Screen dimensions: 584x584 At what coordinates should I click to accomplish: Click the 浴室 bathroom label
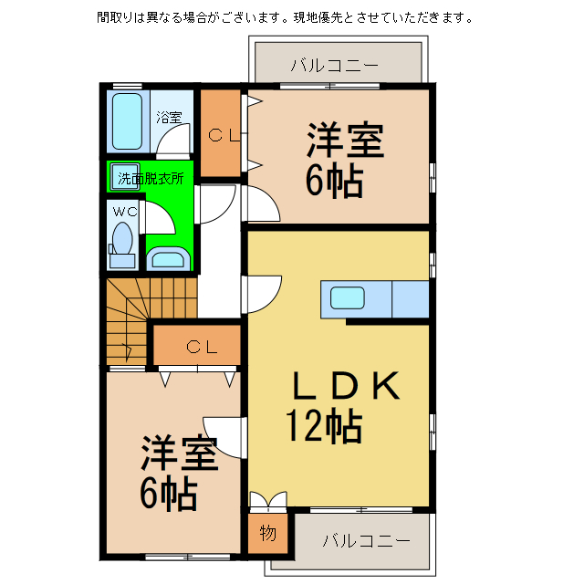pos(169,117)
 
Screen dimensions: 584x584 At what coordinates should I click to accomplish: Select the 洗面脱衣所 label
pos(151,179)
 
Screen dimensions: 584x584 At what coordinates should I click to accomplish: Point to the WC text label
pos(124,212)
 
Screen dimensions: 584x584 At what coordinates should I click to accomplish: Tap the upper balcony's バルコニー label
pos(334,66)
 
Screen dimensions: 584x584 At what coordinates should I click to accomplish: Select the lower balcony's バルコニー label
pos(366,540)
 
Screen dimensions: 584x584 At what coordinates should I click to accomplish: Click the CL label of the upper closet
pos(222,136)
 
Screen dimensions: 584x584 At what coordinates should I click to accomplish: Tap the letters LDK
pos(346,388)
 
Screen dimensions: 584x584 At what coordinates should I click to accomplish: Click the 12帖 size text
pos(324,425)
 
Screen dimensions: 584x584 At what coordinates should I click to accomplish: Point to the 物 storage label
pos(267,534)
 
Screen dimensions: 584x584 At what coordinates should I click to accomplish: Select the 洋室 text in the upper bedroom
pos(344,141)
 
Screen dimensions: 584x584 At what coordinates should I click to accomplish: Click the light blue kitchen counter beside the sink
pos(409,298)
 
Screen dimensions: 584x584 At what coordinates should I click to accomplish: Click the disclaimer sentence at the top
pos(284,17)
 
